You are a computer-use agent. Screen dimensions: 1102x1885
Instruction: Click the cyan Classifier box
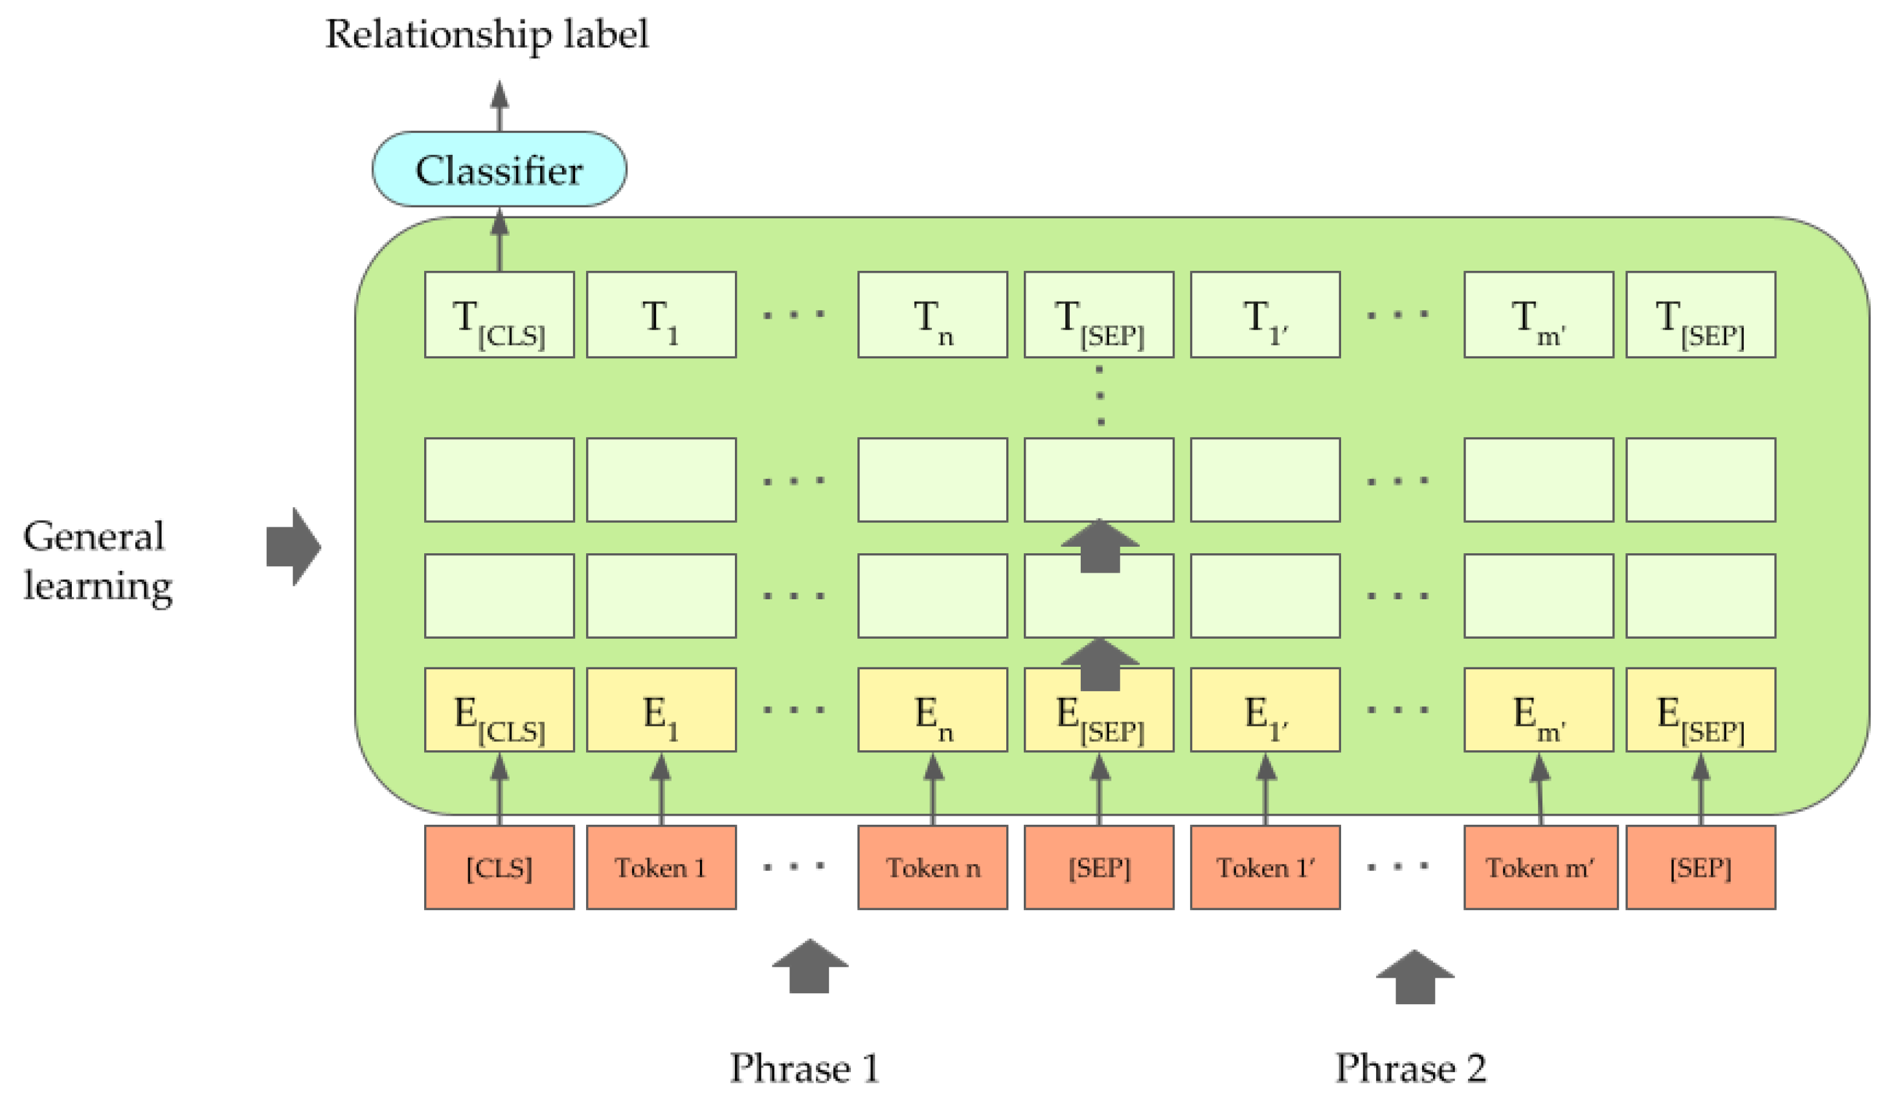[x=499, y=170]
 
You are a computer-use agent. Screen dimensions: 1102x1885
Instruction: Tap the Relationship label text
[x=486, y=35]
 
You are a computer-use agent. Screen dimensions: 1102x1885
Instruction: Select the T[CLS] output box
[x=499, y=315]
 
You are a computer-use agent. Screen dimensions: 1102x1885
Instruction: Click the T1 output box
[x=661, y=315]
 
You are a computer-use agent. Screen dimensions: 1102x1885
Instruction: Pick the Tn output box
[x=932, y=315]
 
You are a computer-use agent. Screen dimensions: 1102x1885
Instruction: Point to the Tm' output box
[x=1538, y=315]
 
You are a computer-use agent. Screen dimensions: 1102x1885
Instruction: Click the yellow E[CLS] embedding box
[x=499, y=711]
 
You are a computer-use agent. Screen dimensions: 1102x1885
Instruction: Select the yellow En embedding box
[x=932, y=711]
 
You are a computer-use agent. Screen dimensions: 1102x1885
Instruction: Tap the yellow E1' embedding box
[x=1265, y=711]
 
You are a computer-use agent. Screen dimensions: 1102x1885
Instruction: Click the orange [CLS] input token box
[x=499, y=868]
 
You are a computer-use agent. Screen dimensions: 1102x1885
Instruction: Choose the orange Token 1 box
[x=661, y=868]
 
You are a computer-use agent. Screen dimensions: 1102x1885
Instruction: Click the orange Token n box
[x=932, y=868]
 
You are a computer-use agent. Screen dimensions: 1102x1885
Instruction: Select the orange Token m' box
[x=1540, y=868]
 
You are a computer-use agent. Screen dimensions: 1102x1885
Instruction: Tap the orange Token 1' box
[x=1265, y=868]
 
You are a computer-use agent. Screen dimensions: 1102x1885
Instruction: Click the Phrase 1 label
[x=804, y=1068]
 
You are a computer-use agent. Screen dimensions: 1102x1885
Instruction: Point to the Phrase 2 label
[x=1411, y=1068]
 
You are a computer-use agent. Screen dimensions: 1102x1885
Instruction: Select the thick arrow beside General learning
[x=293, y=547]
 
